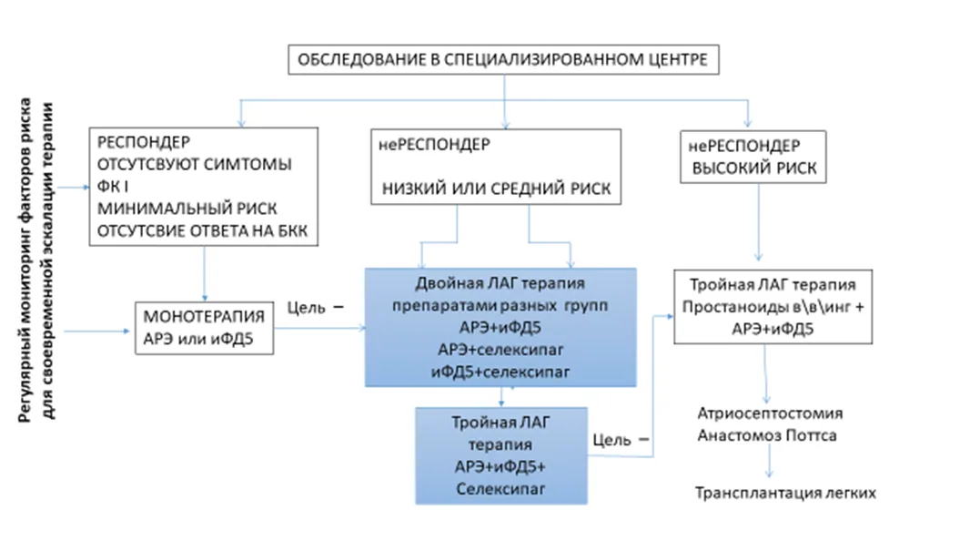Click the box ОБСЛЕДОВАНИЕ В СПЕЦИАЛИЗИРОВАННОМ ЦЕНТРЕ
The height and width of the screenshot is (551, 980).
503,59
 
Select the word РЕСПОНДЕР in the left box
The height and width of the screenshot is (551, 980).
144,142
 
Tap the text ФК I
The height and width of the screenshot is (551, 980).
113,187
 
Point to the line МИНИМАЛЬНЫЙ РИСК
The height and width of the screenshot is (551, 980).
187,209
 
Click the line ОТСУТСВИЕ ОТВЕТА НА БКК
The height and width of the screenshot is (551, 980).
202,230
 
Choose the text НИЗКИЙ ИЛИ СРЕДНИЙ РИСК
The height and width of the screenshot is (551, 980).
496,189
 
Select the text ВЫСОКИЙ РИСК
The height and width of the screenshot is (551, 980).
754,168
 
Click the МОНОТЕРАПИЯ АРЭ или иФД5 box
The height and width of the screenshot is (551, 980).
205,328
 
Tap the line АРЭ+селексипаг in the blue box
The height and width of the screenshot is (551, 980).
500,350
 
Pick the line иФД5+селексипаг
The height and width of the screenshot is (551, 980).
500,372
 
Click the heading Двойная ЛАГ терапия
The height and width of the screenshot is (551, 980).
500,283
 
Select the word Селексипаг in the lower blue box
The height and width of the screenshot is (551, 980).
500,489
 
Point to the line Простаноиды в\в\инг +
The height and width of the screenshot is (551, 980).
773,307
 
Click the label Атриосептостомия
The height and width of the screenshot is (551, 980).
770,413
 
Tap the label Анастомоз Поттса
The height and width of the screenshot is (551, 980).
767,435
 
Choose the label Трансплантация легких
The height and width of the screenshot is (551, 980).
785,493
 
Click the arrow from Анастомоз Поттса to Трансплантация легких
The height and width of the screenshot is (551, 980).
769,462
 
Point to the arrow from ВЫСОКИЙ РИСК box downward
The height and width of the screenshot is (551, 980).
759,222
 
